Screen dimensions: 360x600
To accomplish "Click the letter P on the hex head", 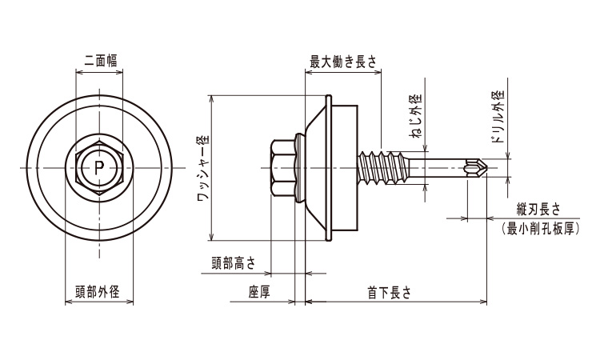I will point(98,167).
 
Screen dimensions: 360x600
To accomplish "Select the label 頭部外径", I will point(98,292).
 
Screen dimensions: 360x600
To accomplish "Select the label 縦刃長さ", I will point(538,209).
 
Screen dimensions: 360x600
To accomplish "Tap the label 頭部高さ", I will point(234,262).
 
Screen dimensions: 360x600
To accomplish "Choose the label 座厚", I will point(259,292).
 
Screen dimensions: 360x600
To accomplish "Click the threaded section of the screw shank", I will point(385,167).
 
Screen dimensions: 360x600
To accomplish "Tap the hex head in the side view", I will point(282,168).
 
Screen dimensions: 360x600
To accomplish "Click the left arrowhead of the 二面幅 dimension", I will point(78,70).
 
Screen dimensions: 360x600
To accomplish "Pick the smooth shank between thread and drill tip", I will point(436,168).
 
